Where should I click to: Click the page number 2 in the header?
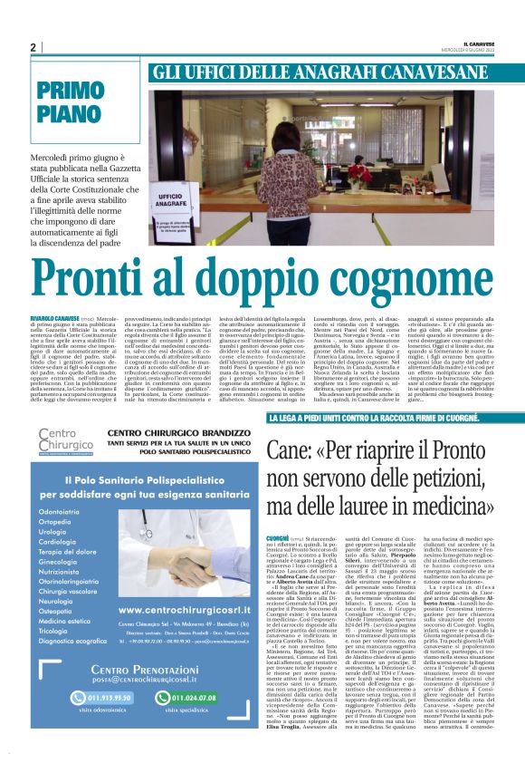(x=33, y=48)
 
